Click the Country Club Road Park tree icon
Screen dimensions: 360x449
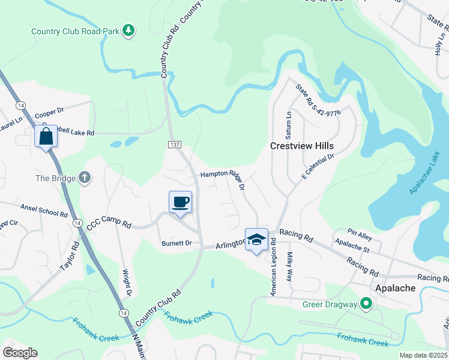coord(128,30)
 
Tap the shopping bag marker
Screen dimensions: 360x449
coord(46,137)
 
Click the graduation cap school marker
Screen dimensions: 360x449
coord(256,239)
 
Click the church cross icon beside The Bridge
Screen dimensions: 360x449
coord(85,178)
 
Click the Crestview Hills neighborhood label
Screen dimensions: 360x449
coord(301,146)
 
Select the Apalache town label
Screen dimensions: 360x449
coord(395,288)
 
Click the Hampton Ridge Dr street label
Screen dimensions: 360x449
coord(223,178)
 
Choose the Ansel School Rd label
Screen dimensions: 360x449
coord(44,210)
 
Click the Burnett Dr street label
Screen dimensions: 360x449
coord(176,243)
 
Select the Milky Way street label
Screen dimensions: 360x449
coord(289,266)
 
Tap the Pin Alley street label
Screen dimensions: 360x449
coord(361,232)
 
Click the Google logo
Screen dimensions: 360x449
coord(20,352)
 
